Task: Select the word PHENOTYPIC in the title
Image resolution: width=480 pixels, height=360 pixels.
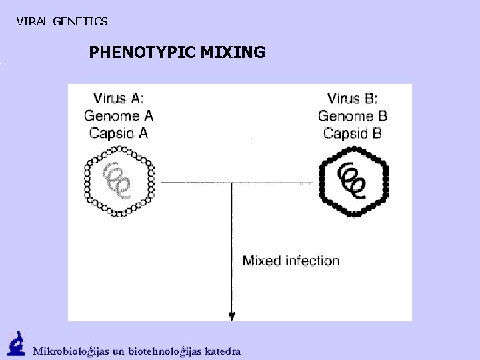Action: pos(141,52)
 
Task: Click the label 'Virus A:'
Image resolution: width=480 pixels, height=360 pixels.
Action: pos(118,99)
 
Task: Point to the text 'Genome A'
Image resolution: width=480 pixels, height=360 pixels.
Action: pos(118,116)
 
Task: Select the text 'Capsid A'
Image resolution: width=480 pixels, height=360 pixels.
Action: pos(118,133)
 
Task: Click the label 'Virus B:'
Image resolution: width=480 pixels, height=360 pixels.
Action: pos(353,99)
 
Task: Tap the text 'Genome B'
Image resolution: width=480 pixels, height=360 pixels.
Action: pos(353,116)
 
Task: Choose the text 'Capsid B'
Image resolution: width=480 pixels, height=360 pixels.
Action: pos(353,133)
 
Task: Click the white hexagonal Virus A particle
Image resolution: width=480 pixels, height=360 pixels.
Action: pos(119,181)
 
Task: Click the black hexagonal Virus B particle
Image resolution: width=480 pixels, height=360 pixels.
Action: pos(353,181)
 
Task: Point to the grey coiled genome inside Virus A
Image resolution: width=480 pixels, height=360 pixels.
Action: pos(115,181)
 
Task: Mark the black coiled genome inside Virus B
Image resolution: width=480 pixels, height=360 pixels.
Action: pos(351,179)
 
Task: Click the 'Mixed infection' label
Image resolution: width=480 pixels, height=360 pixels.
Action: pos(291,261)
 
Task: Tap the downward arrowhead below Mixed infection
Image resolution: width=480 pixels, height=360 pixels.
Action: pos(232,315)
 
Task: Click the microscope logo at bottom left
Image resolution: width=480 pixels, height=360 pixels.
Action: pos(16,344)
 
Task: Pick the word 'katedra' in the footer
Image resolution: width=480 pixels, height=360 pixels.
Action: pos(223,351)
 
